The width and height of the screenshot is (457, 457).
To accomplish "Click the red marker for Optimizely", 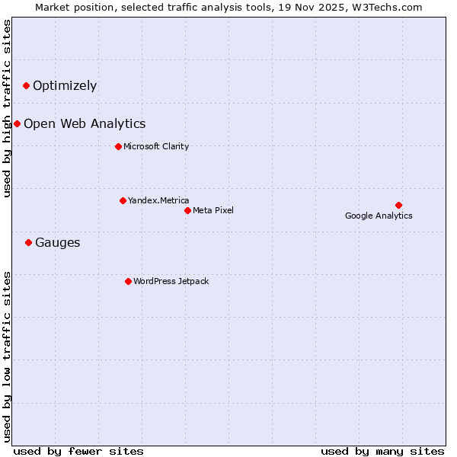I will [26, 85].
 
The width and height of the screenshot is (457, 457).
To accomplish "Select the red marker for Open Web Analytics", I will [17, 123].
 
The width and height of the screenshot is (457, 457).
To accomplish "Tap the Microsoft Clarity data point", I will [118, 146].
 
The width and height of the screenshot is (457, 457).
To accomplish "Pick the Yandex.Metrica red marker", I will [123, 200].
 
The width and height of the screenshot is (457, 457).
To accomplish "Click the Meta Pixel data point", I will [187, 210].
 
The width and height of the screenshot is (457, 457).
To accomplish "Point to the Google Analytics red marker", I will [398, 205].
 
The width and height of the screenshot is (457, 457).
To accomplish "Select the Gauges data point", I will [28, 242].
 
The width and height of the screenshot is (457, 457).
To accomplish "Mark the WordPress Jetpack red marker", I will [128, 281].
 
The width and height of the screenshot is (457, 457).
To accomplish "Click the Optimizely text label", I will [65, 85].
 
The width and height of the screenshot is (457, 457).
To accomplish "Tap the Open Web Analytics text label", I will [85, 123].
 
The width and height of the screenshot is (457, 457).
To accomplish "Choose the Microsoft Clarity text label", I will [156, 146].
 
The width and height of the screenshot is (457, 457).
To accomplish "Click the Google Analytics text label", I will [379, 216].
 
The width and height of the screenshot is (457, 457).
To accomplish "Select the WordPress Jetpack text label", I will [171, 281].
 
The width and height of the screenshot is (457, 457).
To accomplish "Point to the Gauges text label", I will [57, 242].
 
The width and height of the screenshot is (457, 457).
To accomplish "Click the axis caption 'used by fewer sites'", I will [78, 451].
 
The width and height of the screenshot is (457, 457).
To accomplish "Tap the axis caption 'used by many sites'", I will [382, 451].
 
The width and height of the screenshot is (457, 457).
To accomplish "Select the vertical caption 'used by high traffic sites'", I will [7, 108].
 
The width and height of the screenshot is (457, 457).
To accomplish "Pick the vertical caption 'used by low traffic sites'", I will [7, 356].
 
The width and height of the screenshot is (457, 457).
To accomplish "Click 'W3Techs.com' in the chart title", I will [385, 7].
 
